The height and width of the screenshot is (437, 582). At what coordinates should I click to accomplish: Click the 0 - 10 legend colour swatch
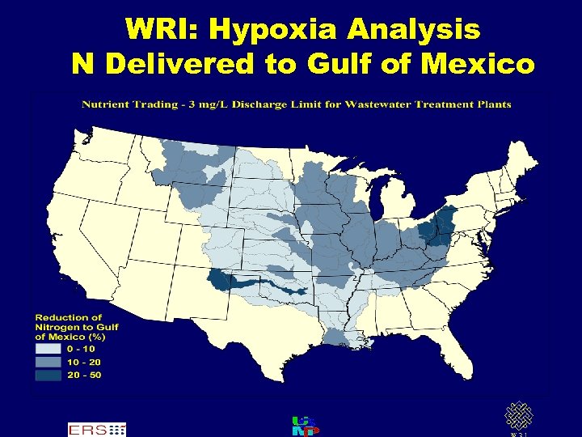pyautogui.click(x=48, y=349)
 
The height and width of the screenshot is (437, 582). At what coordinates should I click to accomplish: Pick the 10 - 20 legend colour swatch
pyautogui.click(x=48, y=362)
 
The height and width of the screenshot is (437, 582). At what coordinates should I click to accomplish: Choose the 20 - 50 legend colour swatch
pyautogui.click(x=48, y=375)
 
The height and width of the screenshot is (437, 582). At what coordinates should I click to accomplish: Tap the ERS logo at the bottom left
pyautogui.click(x=96, y=429)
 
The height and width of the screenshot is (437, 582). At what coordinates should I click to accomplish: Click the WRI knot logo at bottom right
pyautogui.click(x=517, y=416)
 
